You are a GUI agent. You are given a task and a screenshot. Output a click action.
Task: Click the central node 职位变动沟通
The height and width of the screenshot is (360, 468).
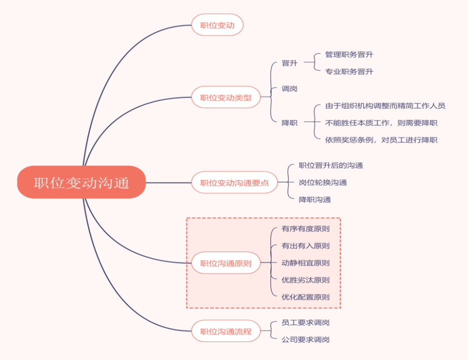coord(81,182)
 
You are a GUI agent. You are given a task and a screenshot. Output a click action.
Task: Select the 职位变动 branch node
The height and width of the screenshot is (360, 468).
coord(217,25)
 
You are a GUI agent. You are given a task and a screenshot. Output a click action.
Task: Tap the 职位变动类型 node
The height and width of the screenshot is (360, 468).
coord(226,97)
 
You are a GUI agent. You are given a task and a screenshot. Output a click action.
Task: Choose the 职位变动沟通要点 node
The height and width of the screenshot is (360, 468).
coord(234,182)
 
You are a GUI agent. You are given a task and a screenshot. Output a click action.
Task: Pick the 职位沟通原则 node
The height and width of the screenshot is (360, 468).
coord(226,263)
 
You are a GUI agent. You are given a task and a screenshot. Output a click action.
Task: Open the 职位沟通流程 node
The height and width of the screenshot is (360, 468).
coord(226,331)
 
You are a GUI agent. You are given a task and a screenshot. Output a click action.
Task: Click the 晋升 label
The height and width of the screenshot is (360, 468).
coord(289,63)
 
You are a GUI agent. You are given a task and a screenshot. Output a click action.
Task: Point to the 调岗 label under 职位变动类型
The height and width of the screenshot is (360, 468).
coord(289,88)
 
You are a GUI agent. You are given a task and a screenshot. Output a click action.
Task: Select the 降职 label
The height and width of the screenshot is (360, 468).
coord(289,122)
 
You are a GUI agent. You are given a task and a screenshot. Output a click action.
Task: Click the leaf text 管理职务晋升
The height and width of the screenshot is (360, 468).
coord(349,54)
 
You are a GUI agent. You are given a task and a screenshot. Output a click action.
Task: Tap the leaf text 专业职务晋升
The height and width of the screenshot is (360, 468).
coord(349,71)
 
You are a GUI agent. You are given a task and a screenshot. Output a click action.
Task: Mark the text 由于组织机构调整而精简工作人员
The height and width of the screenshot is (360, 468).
coord(385,105)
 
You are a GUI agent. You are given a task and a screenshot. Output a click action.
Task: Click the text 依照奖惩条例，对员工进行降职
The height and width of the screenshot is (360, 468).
coord(381,140)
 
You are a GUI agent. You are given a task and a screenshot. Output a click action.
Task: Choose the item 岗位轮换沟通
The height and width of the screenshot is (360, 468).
coord(323,182)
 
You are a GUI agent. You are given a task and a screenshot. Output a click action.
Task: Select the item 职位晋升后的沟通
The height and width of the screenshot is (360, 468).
coord(331,165)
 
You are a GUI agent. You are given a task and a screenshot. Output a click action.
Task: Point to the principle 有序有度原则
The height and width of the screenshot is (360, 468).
coord(305,229)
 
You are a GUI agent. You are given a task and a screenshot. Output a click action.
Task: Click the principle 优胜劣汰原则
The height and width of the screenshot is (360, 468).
coord(305,280)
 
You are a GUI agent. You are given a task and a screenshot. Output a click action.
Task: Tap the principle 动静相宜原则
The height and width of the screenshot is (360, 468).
coord(305,263)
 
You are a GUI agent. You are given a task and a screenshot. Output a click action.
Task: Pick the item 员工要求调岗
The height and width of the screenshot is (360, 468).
coord(305,322)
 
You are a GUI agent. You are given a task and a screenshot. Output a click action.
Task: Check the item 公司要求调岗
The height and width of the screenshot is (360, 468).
coord(305,339)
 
